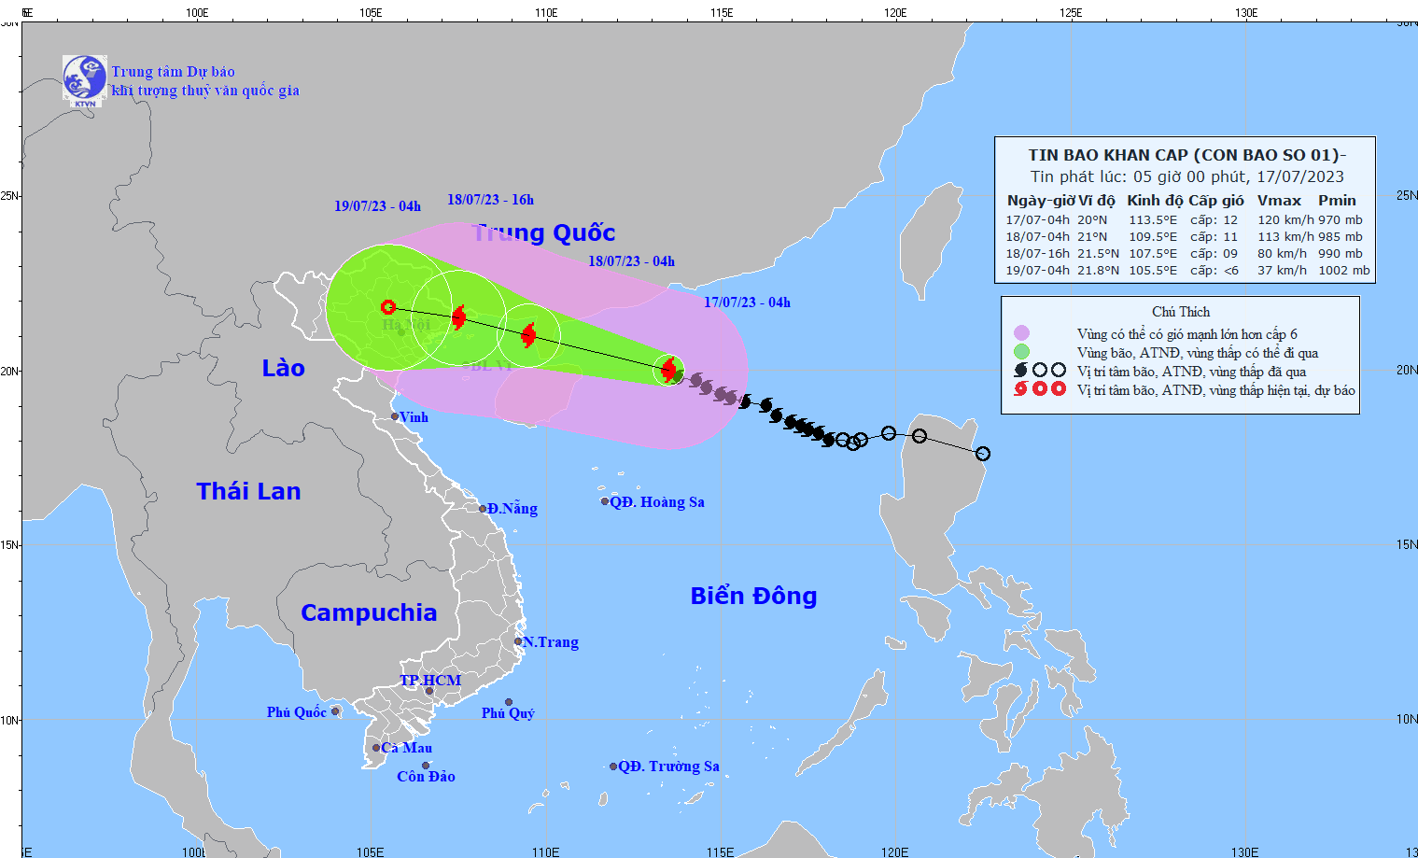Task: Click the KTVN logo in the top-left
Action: [x=84, y=79]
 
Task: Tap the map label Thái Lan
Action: [x=248, y=492]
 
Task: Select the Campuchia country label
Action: [x=369, y=613]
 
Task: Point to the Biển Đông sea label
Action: [x=753, y=597]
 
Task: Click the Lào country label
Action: [x=283, y=369]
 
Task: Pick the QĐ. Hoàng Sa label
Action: [x=656, y=502]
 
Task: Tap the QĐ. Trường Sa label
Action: [x=668, y=767]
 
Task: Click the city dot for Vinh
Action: [x=395, y=416]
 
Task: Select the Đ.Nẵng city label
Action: [x=512, y=509]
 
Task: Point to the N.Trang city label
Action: [x=551, y=642]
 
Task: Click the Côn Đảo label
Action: [x=426, y=777]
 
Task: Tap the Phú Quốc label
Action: [x=296, y=712]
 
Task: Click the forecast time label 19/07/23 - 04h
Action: [x=377, y=206]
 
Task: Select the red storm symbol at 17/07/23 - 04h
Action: [x=668, y=370]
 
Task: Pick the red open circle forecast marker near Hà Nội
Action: [x=388, y=307]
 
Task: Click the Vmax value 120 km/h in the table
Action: [x=1285, y=220]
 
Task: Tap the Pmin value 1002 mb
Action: [x=1344, y=271]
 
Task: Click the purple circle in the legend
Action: [x=1022, y=333]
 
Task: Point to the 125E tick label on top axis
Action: [x=1071, y=13]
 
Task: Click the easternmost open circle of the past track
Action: [x=983, y=454]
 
